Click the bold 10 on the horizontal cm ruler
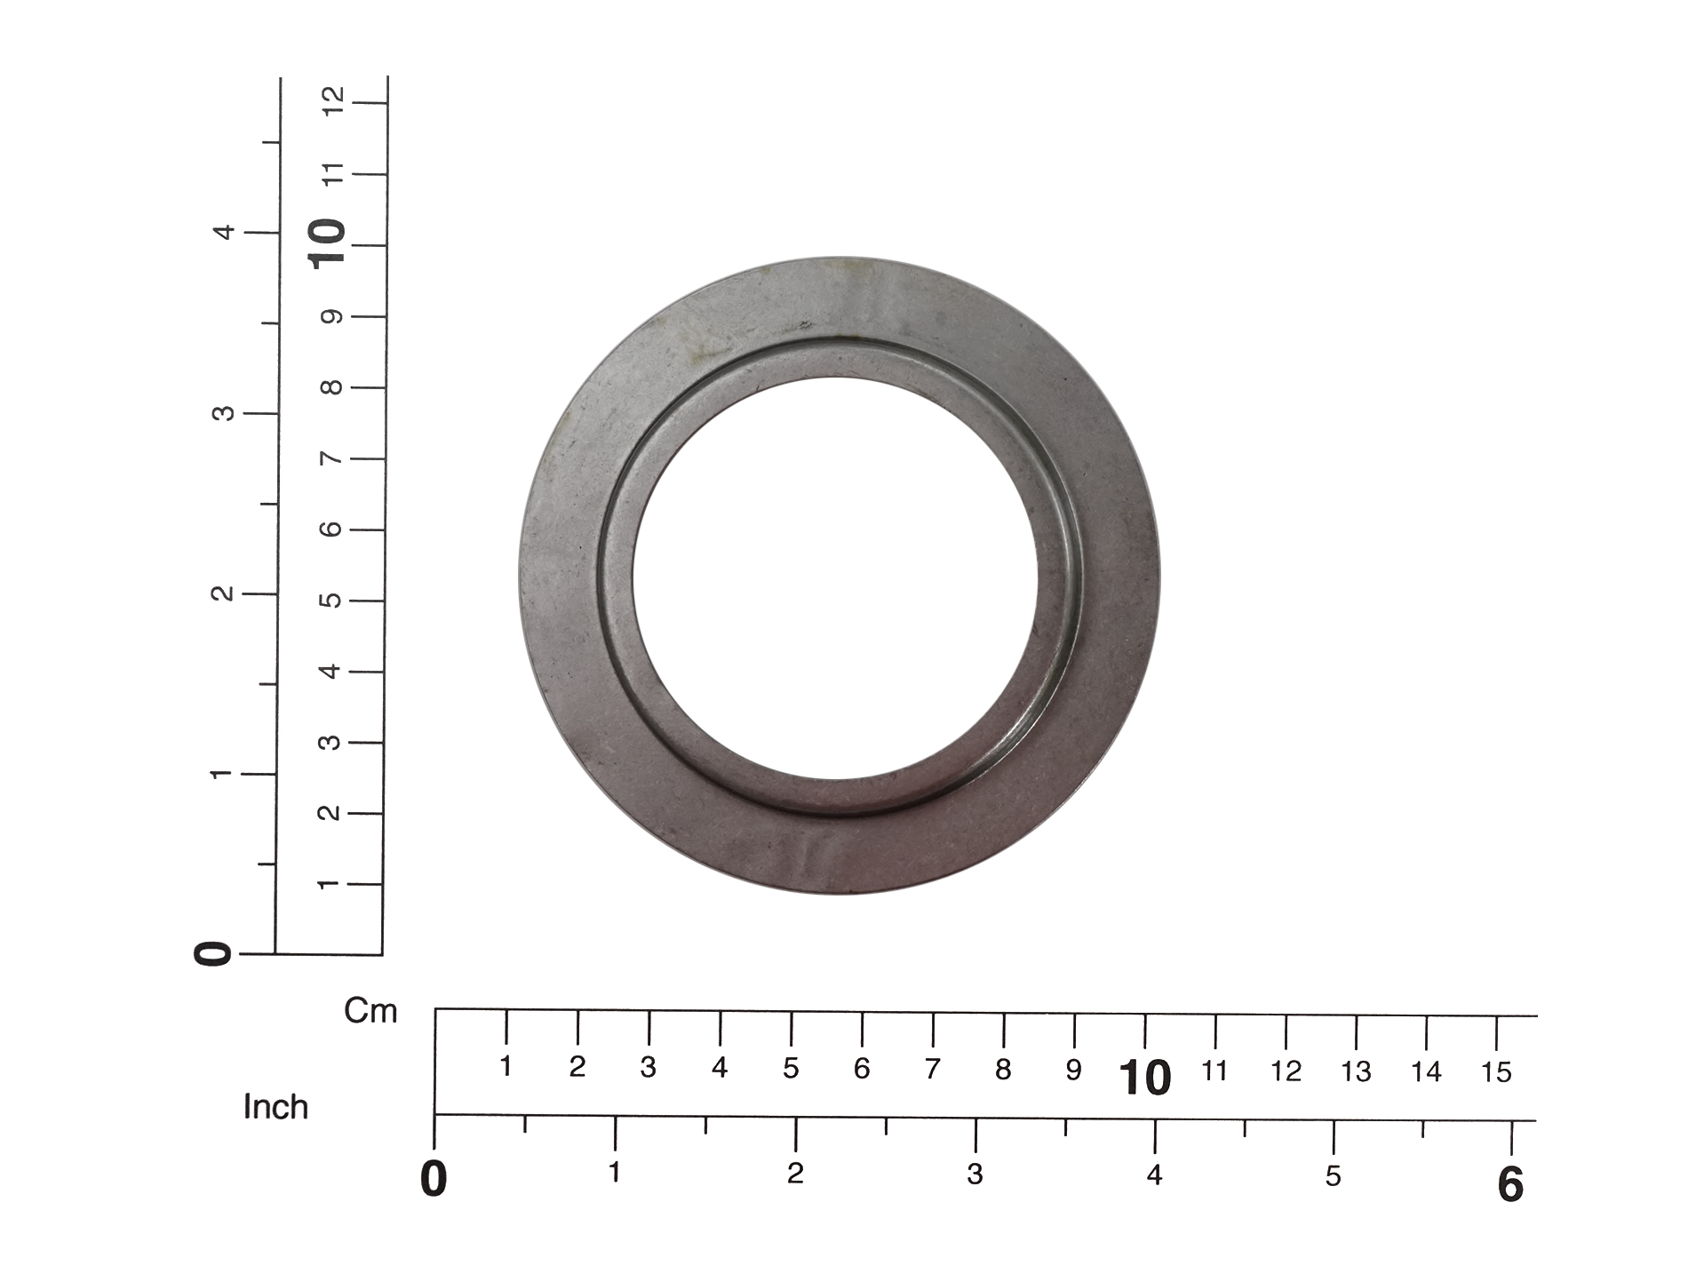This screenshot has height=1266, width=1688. [x=1145, y=1079]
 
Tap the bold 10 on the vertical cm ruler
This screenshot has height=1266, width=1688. [x=327, y=243]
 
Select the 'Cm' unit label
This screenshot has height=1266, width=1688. [x=370, y=1011]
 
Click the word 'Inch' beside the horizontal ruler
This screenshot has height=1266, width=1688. [x=275, y=1107]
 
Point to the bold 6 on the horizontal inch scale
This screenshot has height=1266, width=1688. [x=1510, y=1185]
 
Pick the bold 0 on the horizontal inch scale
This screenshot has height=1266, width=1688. [x=434, y=1180]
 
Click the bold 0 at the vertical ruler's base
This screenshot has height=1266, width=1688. [x=212, y=954]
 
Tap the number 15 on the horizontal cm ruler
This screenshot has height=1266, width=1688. [x=1496, y=1072]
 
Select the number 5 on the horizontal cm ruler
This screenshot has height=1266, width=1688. [x=791, y=1068]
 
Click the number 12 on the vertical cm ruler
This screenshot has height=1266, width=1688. [x=333, y=101]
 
